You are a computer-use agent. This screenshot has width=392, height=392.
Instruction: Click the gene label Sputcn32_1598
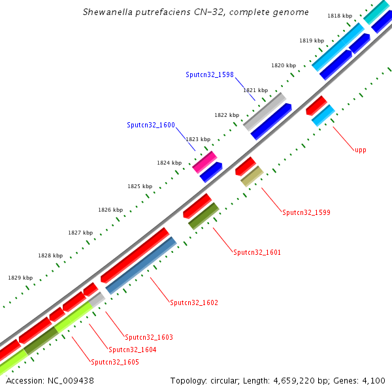pos(209,75)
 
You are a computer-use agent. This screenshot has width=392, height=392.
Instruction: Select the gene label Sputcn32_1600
pos(151,125)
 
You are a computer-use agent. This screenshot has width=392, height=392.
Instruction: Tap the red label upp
pos(360,150)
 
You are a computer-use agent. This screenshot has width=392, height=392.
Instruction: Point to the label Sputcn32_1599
pos(306,212)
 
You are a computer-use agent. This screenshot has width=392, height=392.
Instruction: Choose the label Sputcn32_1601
pos(257,252)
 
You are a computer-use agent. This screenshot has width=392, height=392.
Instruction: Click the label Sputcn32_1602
pos(194,303)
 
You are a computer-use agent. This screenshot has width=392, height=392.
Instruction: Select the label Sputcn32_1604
pos(132,350)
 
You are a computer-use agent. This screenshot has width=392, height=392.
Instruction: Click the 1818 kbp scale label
pos(338,16)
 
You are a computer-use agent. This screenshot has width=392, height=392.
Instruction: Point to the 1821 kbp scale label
pos(255,90)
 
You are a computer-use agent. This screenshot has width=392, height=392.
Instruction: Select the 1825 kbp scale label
pos(140,186)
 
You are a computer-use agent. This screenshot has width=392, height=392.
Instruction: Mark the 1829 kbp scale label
pos(20,278)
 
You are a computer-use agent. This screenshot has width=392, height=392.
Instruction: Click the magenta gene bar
pos(204,161)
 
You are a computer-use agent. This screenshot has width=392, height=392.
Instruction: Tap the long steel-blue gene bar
pos(141,265)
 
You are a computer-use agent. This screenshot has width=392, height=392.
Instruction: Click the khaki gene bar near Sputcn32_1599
pos(252,176)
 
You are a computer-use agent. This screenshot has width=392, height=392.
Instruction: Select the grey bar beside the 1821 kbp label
pos(265,110)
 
